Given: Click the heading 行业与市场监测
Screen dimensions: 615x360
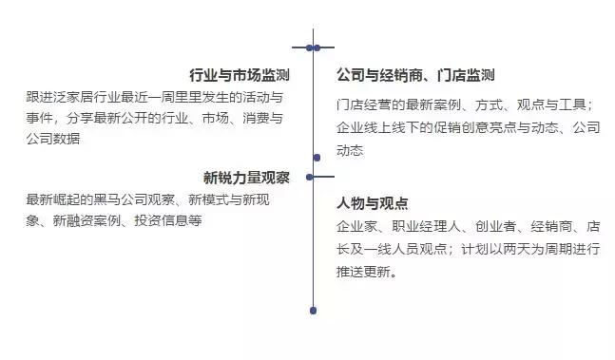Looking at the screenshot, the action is [x=240, y=75].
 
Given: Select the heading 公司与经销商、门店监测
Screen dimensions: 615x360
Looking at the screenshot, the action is [x=415, y=75].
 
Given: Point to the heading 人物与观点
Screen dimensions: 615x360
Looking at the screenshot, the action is [x=372, y=203].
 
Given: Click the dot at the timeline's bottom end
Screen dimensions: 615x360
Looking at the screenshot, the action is [x=313, y=310].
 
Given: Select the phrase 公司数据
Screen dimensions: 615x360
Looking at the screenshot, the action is [x=53, y=139].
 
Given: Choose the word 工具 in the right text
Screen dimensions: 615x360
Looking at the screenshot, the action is [x=573, y=104].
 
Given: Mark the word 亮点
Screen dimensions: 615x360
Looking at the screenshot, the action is [x=513, y=127].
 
